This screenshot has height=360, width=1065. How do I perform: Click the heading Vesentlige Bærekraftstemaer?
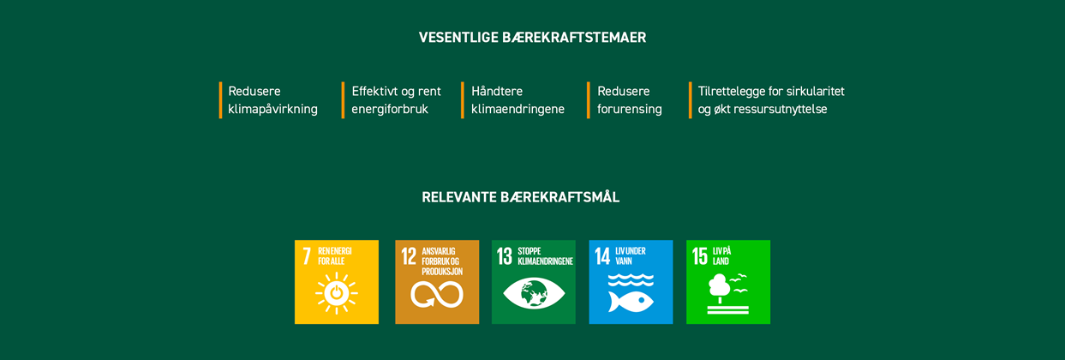pos(533,38)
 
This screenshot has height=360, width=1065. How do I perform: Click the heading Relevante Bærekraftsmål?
pos(521,196)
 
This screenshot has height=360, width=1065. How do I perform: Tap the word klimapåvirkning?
pos(273,110)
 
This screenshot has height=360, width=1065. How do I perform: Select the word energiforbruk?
pos(390,110)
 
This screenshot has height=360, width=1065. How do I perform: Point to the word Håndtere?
pos(497,91)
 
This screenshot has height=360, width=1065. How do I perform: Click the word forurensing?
pos(630,110)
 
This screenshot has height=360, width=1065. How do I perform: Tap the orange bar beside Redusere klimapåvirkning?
pos(220,100)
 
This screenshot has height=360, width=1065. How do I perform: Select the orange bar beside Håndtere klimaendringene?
pos(462,100)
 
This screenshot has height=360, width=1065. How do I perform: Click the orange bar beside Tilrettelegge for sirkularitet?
pos(690,100)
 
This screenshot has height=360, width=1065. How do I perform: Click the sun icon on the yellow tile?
pos(337,293)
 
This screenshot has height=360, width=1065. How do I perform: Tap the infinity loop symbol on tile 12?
pos(437,294)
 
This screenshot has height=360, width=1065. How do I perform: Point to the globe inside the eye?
pos(534,293)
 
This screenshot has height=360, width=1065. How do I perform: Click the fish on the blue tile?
pos(631,302)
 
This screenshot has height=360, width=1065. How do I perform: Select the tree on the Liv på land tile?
pos(719,288)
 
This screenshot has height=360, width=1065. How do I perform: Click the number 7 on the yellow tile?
pos(307,255)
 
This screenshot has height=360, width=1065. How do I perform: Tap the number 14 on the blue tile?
pos(602,255)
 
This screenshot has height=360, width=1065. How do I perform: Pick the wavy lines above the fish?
pos(631,279)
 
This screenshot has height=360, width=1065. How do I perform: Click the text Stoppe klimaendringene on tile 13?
pos(545,255)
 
